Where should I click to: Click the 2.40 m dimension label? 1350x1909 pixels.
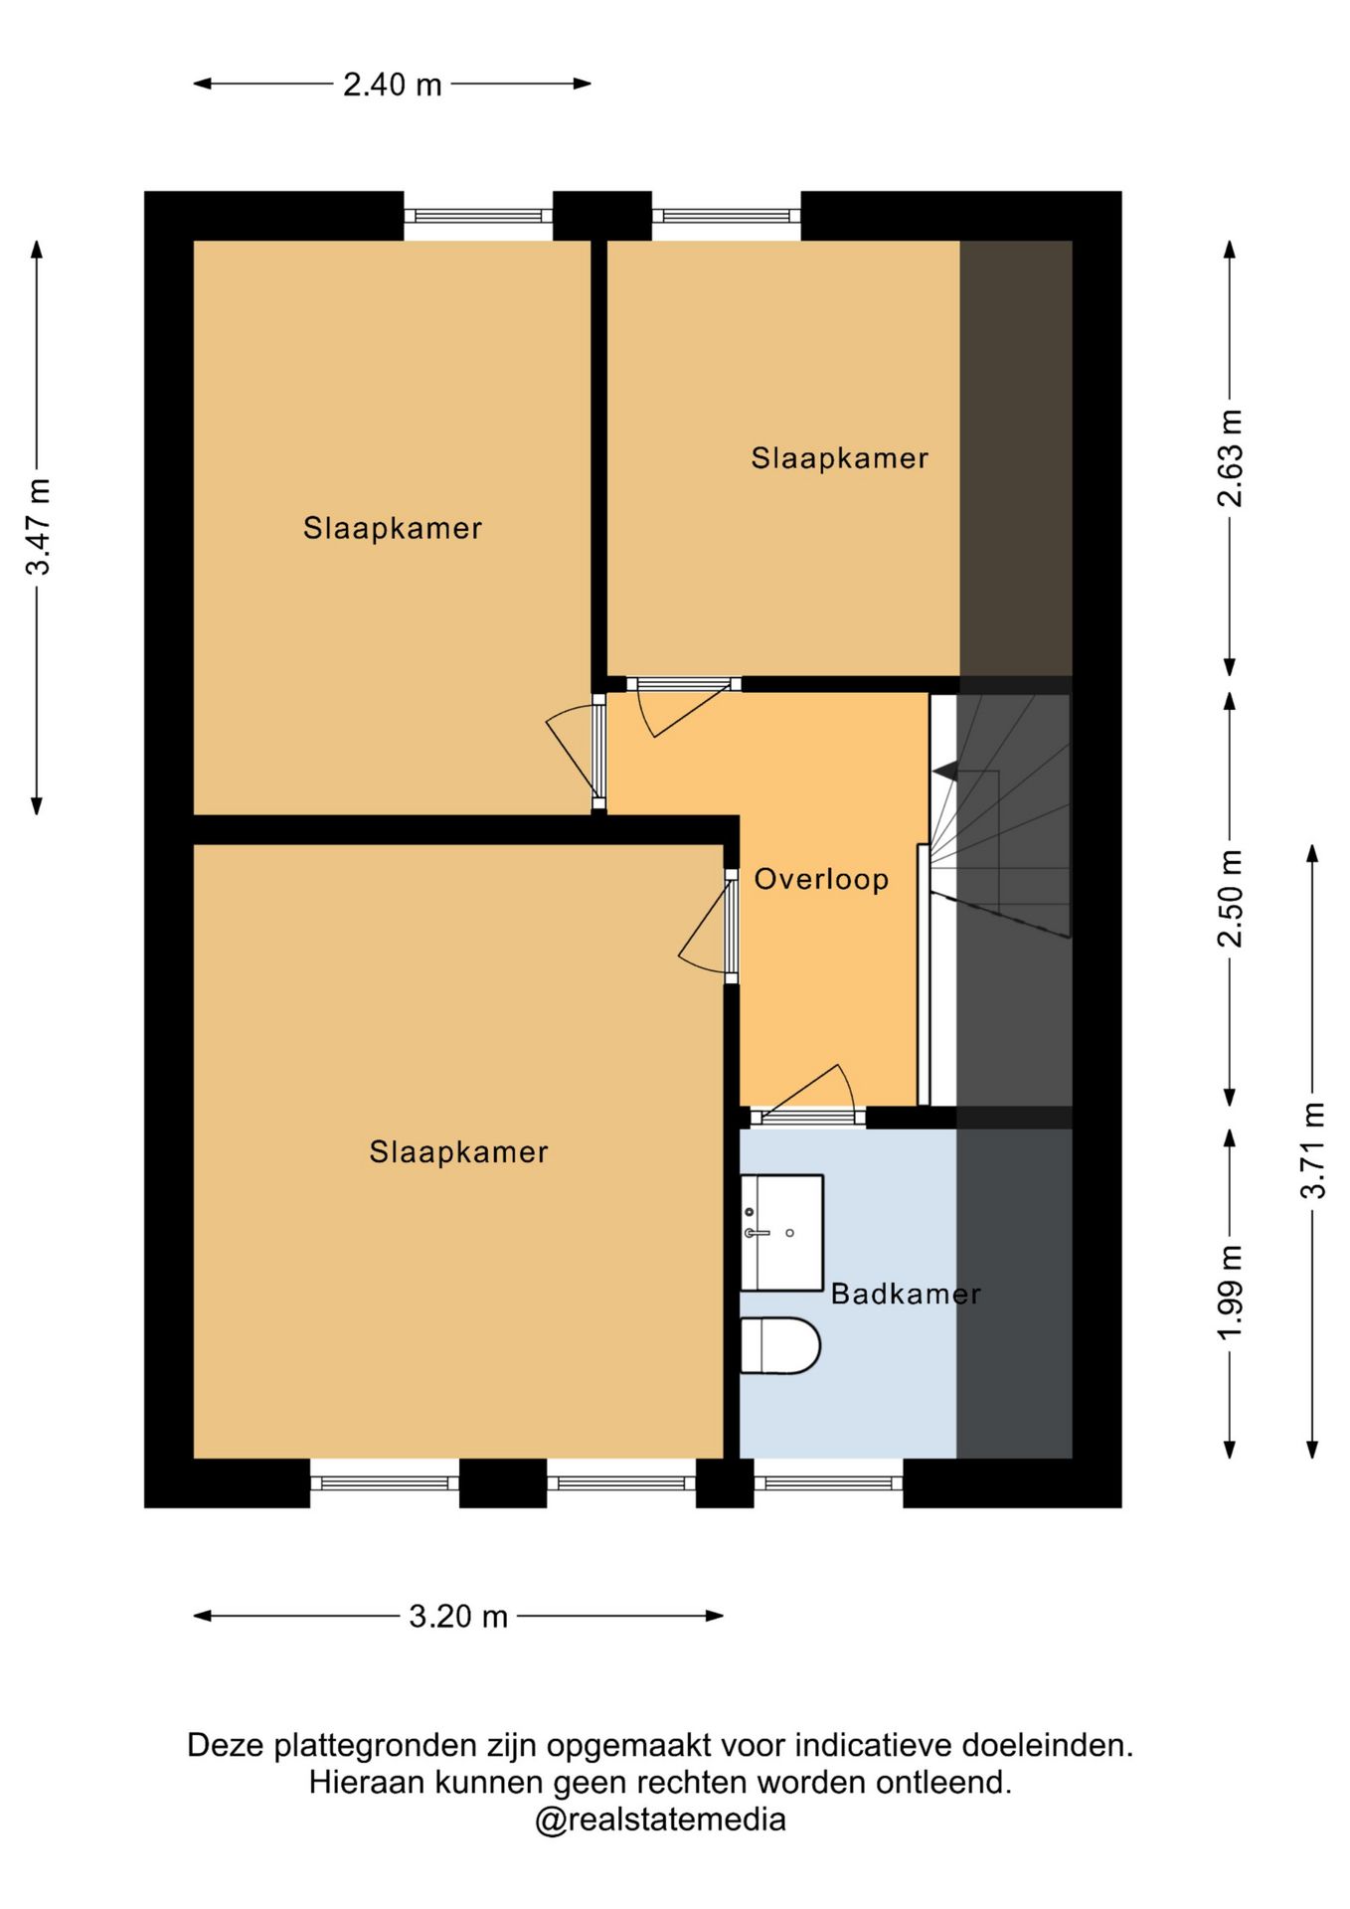[x=393, y=85]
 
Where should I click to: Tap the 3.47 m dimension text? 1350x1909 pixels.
[x=38, y=527]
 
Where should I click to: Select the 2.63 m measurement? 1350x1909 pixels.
[x=1230, y=458]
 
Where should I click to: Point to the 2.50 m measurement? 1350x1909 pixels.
[x=1230, y=899]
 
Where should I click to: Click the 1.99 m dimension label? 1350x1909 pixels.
[x=1230, y=1293]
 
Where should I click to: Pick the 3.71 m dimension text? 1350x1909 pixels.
[x=1313, y=1150]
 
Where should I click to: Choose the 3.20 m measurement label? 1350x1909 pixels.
[x=458, y=1616]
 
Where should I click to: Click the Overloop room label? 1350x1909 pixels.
[x=821, y=880]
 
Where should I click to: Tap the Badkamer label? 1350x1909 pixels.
[x=906, y=1294]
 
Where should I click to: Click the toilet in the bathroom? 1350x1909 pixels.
[x=780, y=1346]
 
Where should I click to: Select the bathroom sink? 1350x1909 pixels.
[x=781, y=1233]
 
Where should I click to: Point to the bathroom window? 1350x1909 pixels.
[x=828, y=1483]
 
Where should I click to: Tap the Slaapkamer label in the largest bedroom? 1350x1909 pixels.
[x=458, y=1152]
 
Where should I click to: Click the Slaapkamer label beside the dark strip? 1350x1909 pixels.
[x=839, y=458]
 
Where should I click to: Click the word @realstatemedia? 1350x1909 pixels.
[x=660, y=1820]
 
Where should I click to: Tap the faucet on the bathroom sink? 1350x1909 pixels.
[x=757, y=1233]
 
